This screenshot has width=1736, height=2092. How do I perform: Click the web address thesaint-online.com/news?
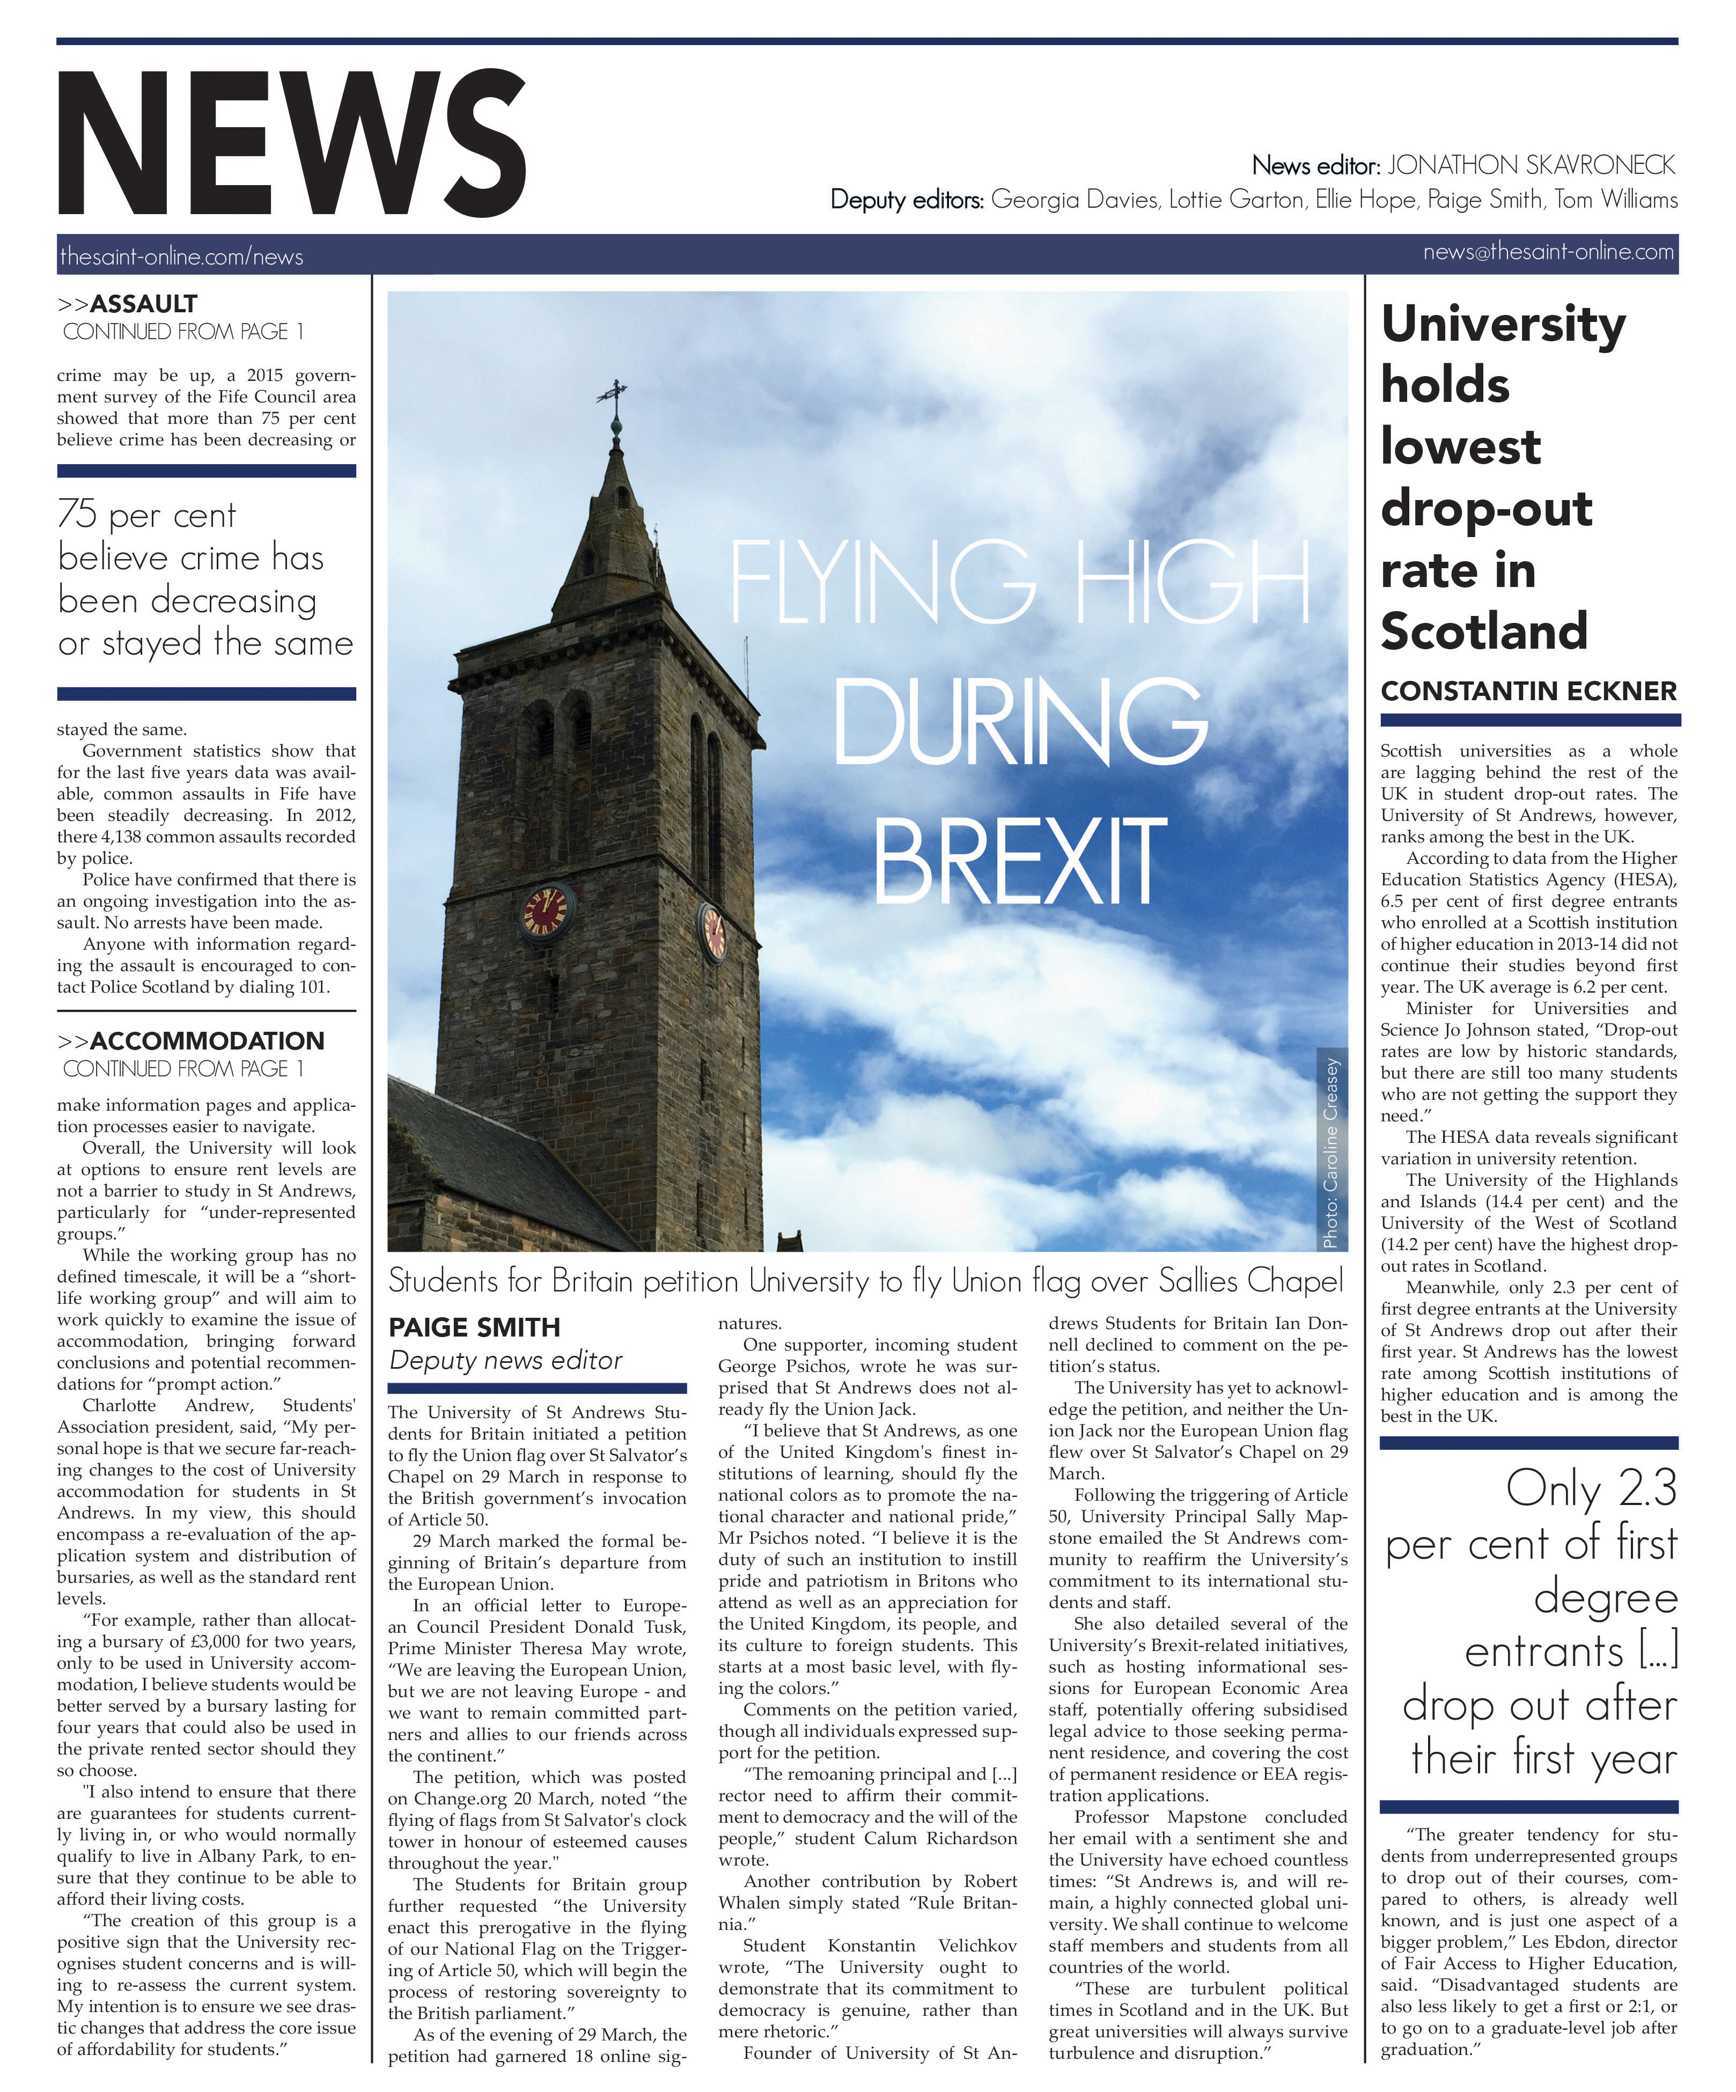[x=181, y=257]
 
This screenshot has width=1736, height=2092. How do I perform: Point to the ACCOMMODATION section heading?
[x=206, y=1041]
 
